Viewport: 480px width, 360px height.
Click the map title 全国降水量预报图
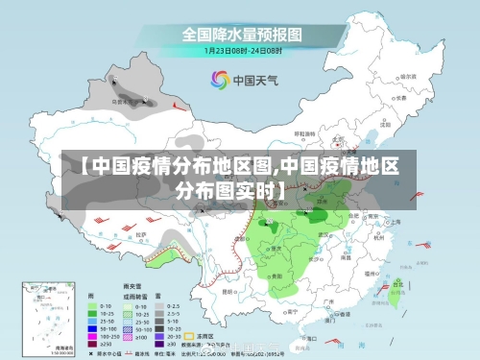pyautogui.click(x=241, y=33)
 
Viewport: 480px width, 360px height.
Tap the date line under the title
pyautogui.click(x=241, y=50)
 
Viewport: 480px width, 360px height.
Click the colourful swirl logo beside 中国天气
pyautogui.click(x=220, y=79)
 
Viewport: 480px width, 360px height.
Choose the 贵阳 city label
pyautogui.click(x=277, y=259)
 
